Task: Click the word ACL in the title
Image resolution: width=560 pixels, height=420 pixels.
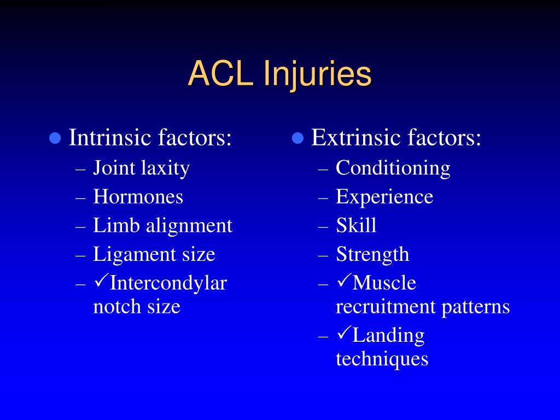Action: pyautogui.click(x=221, y=74)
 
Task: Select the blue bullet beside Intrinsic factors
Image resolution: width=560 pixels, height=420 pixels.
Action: pyautogui.click(x=55, y=138)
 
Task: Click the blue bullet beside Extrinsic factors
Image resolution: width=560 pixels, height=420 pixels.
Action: pyautogui.click(x=298, y=138)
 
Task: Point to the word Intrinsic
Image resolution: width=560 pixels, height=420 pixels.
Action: pyautogui.click(x=109, y=137)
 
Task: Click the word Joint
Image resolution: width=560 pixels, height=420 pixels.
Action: pyautogui.click(x=114, y=168)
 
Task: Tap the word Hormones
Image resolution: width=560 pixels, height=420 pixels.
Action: pyautogui.click(x=138, y=197)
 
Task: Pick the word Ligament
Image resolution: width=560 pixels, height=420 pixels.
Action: pyautogui.click(x=135, y=255)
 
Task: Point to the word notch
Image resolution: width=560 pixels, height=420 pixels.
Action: pyautogui.click(x=117, y=306)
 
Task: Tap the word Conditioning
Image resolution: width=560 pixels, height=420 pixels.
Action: pyautogui.click(x=393, y=168)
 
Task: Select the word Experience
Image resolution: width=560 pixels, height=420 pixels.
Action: pyautogui.click(x=384, y=197)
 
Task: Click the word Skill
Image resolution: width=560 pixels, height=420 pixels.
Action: pyautogui.click(x=356, y=225)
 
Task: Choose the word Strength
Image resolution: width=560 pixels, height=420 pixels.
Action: pyautogui.click(x=372, y=255)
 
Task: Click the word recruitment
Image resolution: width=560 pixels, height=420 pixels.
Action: pyautogui.click(x=386, y=306)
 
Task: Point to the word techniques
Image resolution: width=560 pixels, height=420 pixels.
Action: pyautogui.click(x=382, y=359)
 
